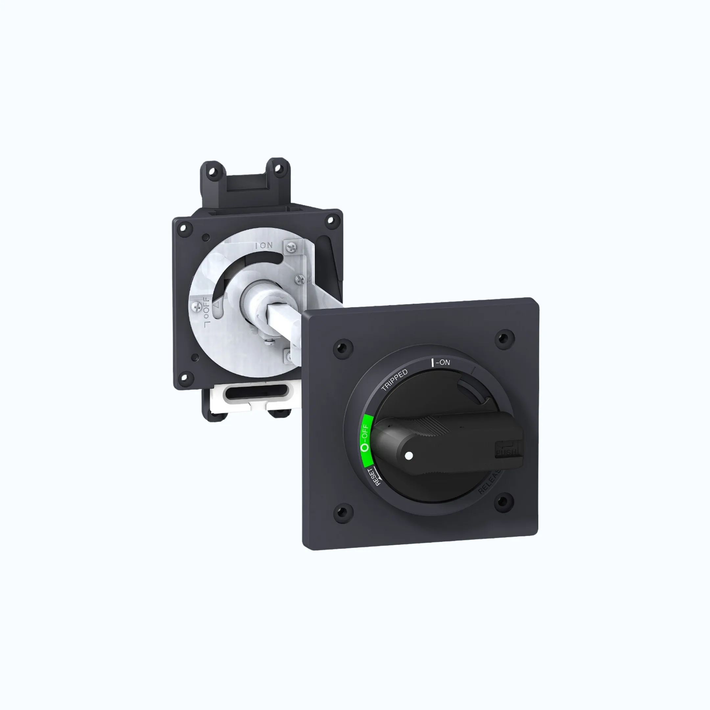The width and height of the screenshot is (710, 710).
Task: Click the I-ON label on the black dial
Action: pyautogui.click(x=441, y=362)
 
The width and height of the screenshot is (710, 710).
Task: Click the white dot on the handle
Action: pyautogui.click(x=409, y=456)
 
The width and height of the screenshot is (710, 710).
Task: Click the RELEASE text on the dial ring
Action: pyautogui.click(x=491, y=482)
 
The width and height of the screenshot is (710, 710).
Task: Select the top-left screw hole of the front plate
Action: pyautogui.click(x=343, y=347)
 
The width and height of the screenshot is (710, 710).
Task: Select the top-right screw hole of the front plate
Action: pyautogui.click(x=505, y=337)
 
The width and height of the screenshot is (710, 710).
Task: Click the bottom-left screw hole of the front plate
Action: pyautogui.click(x=343, y=511)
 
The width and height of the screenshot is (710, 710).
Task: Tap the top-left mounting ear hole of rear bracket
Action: pyautogui.click(x=213, y=171)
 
